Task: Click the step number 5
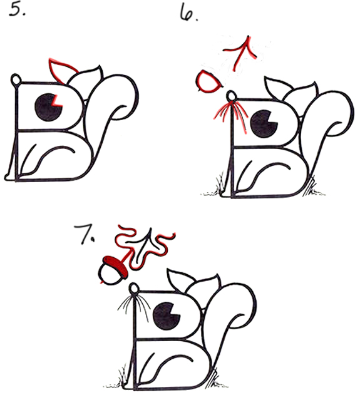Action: [18, 9]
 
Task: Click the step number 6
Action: [188, 13]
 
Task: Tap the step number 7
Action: [85, 234]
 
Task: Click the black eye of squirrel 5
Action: [48, 107]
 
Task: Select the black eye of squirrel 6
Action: [264, 124]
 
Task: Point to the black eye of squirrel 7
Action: [166, 316]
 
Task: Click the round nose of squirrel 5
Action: [15, 79]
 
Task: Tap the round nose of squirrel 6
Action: [231, 96]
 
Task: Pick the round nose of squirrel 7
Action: [134, 289]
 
